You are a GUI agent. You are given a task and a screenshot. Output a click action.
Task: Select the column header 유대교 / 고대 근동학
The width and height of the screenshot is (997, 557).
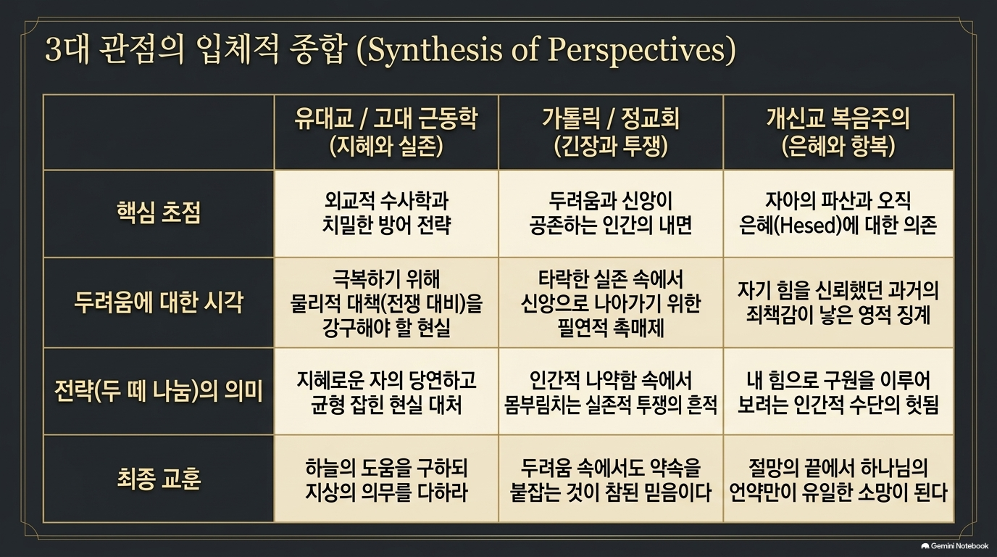click(386, 118)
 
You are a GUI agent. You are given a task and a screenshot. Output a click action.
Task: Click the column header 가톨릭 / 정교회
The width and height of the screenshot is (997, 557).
click(611, 118)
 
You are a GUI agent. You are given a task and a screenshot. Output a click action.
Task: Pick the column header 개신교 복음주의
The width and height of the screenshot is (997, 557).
click(838, 118)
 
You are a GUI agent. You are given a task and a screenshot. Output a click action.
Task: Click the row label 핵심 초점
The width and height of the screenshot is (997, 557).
click(159, 213)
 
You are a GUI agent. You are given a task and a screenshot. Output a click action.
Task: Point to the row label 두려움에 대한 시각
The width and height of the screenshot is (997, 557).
click(159, 302)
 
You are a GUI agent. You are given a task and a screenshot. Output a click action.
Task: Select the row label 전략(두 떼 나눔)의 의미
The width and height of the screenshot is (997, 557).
click(159, 391)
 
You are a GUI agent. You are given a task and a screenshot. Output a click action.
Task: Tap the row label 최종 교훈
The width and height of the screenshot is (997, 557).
click(159, 479)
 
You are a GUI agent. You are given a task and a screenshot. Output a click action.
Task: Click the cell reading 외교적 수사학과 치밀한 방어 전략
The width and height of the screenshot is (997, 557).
click(386, 213)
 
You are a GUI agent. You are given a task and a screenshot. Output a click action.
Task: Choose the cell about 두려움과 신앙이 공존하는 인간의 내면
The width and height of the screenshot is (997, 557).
click(611, 213)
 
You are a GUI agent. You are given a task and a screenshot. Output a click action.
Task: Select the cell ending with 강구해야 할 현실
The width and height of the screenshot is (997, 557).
click(386, 303)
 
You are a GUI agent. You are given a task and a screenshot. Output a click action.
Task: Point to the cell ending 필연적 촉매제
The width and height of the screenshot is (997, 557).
click(611, 303)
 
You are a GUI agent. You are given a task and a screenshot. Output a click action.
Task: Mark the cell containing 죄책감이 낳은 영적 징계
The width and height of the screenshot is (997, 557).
click(838, 303)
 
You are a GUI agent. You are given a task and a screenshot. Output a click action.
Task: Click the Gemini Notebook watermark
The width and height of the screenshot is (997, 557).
click(954, 546)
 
